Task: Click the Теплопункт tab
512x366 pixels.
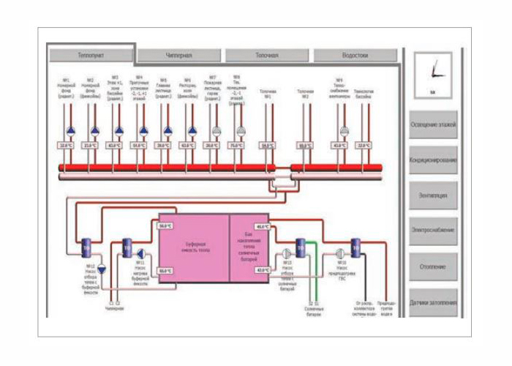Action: click(91, 55)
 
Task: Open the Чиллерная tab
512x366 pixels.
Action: click(179, 55)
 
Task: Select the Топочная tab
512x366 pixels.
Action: click(268, 55)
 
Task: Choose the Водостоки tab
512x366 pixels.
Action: click(355, 55)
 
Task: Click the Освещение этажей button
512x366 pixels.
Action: click(434, 124)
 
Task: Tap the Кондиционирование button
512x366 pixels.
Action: click(434, 160)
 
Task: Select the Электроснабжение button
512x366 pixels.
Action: click(434, 231)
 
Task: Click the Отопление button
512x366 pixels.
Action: click(434, 266)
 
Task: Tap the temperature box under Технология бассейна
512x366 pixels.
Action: click(364, 146)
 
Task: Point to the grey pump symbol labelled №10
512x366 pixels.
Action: click(342, 254)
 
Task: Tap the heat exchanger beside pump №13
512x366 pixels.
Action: click(301, 247)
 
